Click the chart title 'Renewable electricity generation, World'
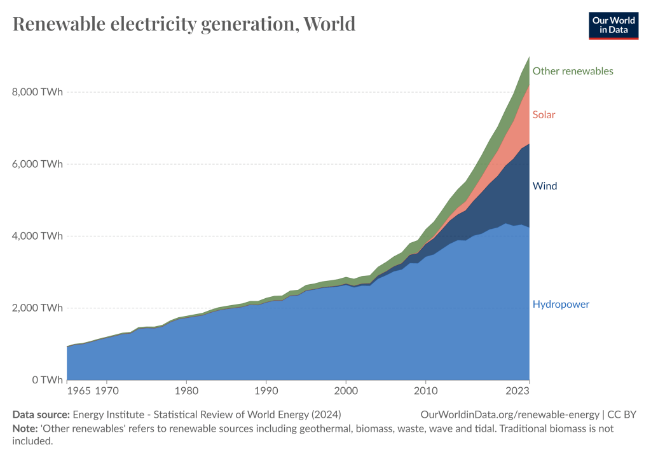coord(184,24)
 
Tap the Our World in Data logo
coord(613,24)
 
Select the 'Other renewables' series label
coord(573,71)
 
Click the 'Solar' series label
coord(544,115)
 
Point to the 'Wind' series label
coord(545,186)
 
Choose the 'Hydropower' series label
coord(561,305)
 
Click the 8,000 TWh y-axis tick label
coord(38,92)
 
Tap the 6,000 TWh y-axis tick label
coord(38,164)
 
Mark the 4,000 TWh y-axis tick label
coord(38,236)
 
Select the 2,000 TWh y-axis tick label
coord(38,308)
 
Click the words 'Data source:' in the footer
coord(41,414)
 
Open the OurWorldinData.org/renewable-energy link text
coord(510,414)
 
